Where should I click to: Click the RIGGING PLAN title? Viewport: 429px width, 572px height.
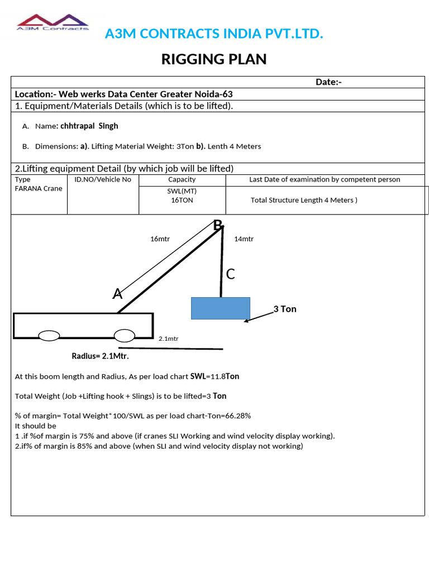pos(214,59)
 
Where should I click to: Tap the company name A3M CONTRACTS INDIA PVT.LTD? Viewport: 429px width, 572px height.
pos(214,34)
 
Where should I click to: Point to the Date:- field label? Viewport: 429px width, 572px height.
pos(328,82)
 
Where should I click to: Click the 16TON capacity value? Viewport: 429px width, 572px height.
pos(182,200)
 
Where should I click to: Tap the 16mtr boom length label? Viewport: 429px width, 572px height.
pos(160,239)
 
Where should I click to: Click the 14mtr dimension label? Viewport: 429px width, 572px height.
pos(244,239)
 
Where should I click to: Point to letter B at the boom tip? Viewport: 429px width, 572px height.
pos(217,225)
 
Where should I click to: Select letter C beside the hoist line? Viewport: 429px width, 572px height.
pos(230,274)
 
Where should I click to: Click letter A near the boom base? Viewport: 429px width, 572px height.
pos(117,293)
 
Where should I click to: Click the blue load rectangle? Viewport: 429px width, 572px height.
pos(220,308)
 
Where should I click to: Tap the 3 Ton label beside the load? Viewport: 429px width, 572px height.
pos(285,309)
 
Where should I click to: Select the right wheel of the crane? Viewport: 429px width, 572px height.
pos(124,335)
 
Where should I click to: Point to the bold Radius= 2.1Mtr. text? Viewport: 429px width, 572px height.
pos(100,356)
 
